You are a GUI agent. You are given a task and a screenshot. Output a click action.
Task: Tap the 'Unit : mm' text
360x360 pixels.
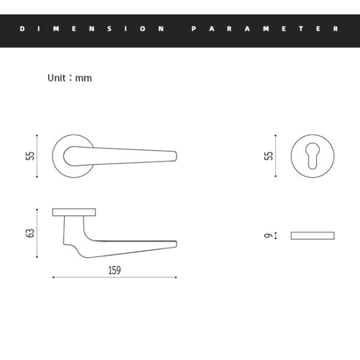[70, 78]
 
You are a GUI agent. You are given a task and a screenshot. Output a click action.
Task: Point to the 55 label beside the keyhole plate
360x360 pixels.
[269, 156]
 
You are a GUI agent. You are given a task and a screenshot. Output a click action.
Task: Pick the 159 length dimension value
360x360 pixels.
[114, 270]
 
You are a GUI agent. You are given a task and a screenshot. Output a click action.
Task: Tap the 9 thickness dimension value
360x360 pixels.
[268, 235]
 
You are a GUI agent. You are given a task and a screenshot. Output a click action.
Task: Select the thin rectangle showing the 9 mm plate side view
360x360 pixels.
[313, 235]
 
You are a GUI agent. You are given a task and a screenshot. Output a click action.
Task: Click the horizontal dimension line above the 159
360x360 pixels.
[114, 277]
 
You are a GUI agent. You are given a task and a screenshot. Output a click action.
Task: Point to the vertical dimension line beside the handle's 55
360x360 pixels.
[37, 156]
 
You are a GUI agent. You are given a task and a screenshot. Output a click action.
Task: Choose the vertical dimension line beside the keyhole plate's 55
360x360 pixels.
[276, 156]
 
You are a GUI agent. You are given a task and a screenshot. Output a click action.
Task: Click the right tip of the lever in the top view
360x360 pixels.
[175, 156]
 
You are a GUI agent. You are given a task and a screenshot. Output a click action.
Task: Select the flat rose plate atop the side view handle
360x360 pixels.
[74, 212]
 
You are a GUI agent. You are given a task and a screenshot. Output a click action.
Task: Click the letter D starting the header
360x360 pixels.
[22, 29]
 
